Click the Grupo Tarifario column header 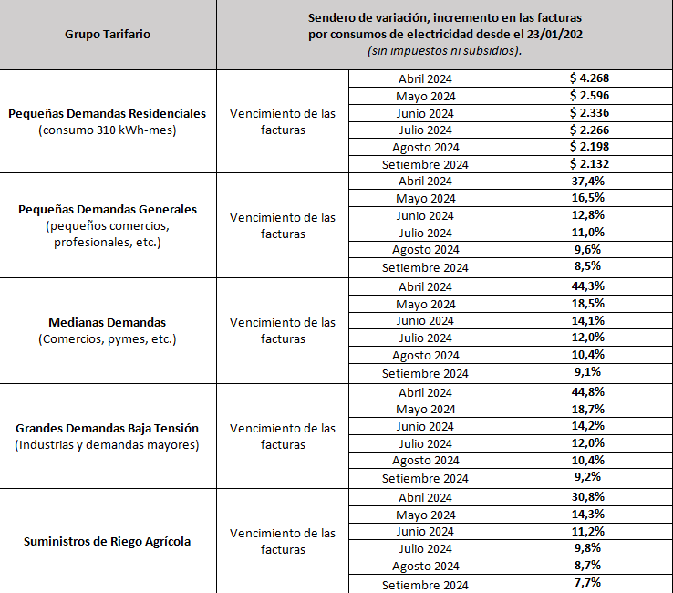point(108,34)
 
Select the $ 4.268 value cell point(589,78)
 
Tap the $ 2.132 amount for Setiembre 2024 point(589,164)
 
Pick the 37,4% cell point(589,181)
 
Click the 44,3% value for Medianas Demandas point(589,286)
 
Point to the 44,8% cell point(589,392)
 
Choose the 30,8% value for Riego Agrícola point(589,497)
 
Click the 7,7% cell point(589,584)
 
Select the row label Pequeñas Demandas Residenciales point(108,114)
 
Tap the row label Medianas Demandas point(108,323)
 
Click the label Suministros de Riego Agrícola point(108,541)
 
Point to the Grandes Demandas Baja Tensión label point(108,428)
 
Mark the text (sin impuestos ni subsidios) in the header point(444,51)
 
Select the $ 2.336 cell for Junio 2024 point(589,113)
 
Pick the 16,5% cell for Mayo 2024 point(589,198)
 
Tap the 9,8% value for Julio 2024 point(589,549)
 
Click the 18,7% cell point(589,410)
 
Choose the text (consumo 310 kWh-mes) point(108,130)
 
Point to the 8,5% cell point(589,267)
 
